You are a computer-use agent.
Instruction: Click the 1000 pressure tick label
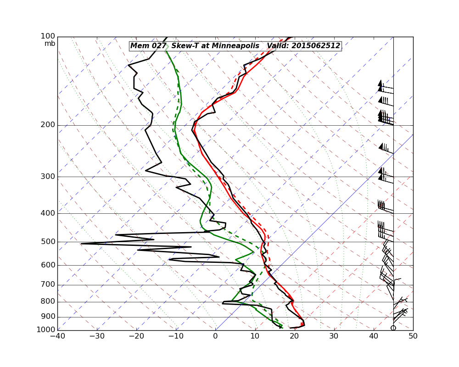(46, 329)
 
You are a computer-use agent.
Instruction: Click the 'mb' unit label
(50, 44)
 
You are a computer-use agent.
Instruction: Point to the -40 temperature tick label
(57, 337)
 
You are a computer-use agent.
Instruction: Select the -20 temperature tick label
(136, 337)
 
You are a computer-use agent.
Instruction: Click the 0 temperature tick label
(216, 337)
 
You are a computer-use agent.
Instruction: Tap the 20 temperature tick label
(295, 337)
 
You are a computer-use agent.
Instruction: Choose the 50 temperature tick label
(413, 337)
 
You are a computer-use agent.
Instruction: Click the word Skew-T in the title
(183, 46)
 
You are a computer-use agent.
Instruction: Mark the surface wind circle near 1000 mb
(393, 328)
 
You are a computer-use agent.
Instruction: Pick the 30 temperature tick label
(334, 337)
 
